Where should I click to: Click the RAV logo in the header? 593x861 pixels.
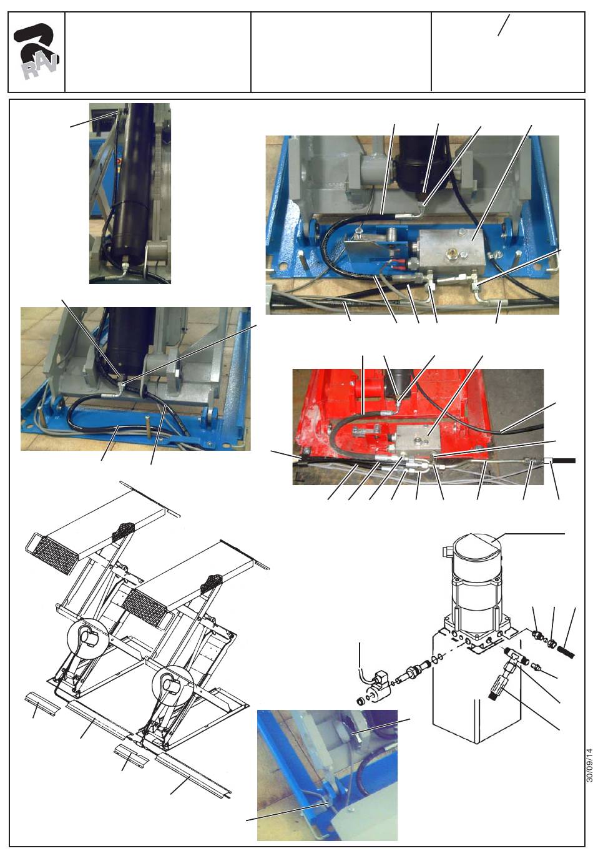tap(36, 51)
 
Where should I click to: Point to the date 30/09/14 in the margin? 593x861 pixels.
tap(589, 764)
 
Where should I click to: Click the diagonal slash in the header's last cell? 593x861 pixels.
tap(504, 25)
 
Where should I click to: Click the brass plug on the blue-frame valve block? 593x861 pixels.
tap(449, 253)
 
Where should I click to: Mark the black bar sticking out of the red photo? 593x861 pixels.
tap(564, 461)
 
